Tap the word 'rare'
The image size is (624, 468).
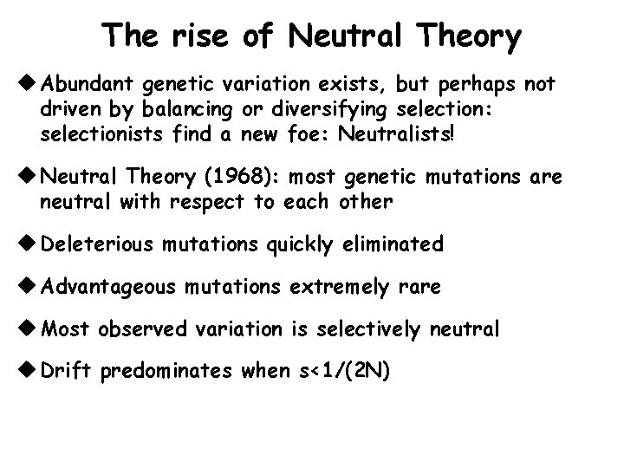pos(419,286)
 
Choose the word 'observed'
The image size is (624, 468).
pos(140,329)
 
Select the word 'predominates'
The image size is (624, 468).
pos(166,372)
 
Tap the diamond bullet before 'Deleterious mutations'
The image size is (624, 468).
pos(28,244)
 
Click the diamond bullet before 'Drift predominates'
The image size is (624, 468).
pos(28,371)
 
